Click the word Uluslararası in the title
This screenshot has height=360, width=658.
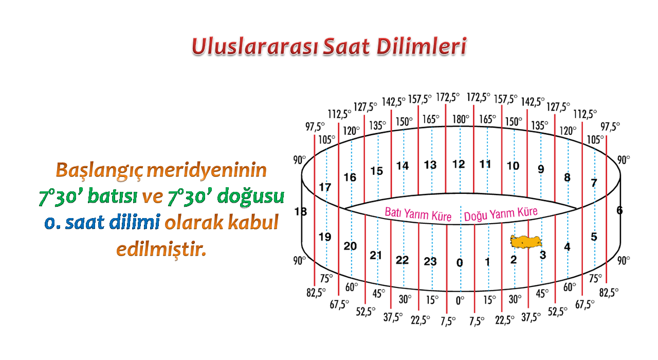255,47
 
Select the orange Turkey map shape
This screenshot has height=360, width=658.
526,242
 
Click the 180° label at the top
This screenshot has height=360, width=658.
461,119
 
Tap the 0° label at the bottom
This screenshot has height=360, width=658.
460,300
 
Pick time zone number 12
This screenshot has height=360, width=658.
459,164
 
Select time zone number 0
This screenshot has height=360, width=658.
460,262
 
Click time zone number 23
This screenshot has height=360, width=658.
430,261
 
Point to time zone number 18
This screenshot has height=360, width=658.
301,211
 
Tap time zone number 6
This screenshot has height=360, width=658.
619,210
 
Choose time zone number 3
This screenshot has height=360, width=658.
543,255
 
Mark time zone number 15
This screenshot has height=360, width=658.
377,171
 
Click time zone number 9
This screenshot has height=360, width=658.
541,169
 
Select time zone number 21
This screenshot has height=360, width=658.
376,256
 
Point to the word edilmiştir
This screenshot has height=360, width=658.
161,249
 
